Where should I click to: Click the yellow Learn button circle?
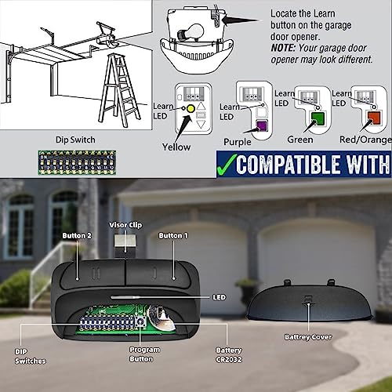[x=191, y=108]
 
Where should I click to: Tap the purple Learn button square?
[x=261, y=125]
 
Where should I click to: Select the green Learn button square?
[x=318, y=118]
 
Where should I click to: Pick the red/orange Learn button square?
[x=374, y=118]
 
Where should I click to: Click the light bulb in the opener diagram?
[x=191, y=32]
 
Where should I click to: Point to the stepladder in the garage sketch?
[x=120, y=90]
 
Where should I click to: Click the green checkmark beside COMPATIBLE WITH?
[x=227, y=164]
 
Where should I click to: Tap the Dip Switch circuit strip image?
[x=77, y=162]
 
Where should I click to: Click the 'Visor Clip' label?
[x=125, y=225]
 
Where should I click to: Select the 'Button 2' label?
[x=77, y=236]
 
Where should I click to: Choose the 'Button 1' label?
[x=173, y=236]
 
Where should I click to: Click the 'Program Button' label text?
[x=144, y=354]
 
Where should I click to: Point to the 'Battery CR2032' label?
[x=229, y=355]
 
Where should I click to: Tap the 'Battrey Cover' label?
[x=308, y=337]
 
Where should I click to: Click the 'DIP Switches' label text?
[x=31, y=357]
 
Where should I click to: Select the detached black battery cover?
[x=309, y=300]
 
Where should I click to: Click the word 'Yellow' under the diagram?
[x=176, y=147]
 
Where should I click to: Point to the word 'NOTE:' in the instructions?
[x=283, y=48]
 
